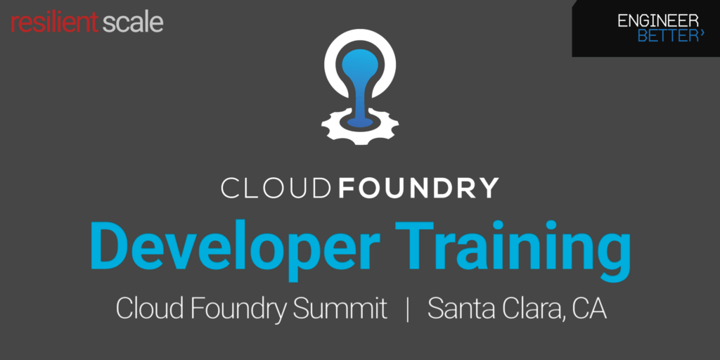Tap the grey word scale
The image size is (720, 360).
click(133, 22)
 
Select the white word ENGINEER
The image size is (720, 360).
click(658, 21)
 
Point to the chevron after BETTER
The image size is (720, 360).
click(702, 33)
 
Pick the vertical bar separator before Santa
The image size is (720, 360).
click(408, 309)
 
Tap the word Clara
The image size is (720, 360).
click(530, 309)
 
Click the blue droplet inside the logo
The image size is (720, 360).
click(359, 77)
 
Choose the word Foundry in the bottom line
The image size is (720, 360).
click(236, 309)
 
